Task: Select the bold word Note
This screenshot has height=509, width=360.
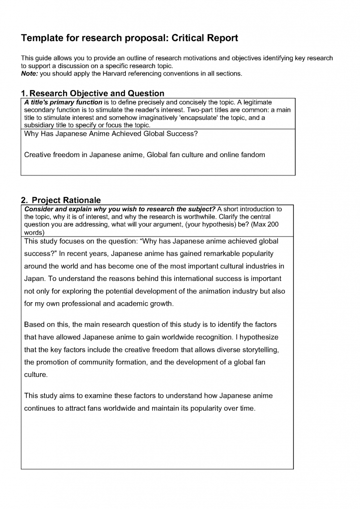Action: [x=29, y=73]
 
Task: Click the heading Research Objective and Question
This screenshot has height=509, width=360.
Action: [x=97, y=93]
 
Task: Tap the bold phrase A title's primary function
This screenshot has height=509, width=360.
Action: [x=63, y=102]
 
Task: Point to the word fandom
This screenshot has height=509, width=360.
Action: [x=252, y=155]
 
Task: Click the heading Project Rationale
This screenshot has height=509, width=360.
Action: [x=66, y=200]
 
